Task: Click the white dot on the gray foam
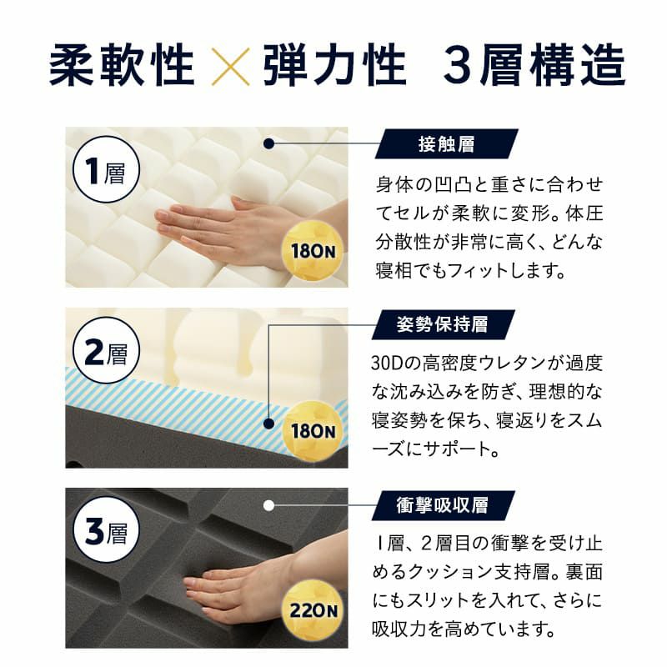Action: (x=268, y=504)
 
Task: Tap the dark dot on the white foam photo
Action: (x=268, y=143)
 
